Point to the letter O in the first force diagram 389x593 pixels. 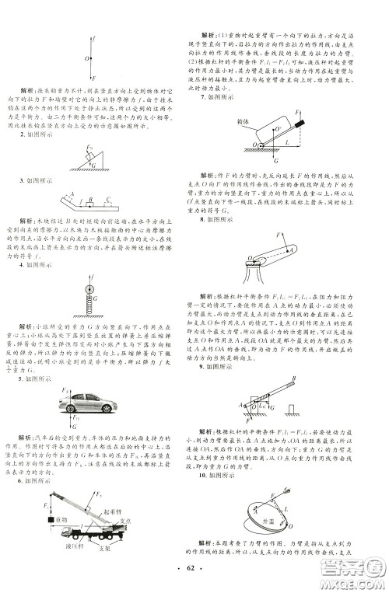point(86,57)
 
